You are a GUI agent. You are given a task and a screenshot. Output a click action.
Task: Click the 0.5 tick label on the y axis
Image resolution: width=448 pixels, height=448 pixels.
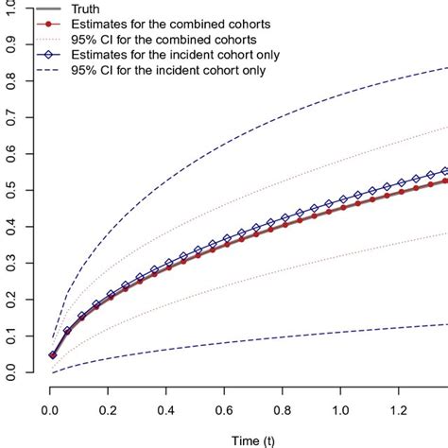click(11, 190)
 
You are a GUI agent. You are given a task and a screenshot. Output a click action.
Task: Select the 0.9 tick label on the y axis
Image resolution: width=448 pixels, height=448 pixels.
click(11, 42)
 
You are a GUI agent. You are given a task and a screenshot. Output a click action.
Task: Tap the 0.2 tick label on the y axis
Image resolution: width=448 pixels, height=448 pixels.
click(11, 301)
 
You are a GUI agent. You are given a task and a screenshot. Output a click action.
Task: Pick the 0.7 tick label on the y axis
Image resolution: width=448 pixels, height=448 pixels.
click(11, 115)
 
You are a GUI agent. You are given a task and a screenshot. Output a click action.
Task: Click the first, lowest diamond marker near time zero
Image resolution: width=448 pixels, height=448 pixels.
click(53, 355)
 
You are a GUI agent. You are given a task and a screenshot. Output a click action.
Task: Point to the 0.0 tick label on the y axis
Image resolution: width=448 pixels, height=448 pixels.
click(11, 374)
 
